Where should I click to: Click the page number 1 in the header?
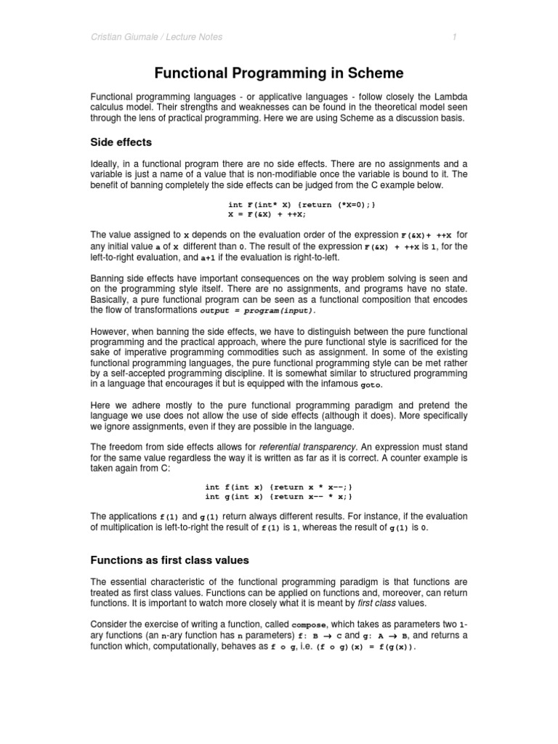(x=454, y=36)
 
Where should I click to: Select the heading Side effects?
(x=121, y=142)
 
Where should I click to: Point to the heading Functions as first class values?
(x=169, y=559)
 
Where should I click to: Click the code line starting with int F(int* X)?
(x=302, y=206)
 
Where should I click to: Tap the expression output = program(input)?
(x=257, y=310)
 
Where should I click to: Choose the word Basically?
(x=111, y=299)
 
